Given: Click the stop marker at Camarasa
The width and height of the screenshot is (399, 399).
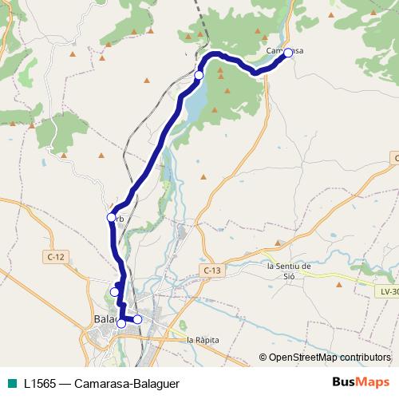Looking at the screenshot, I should [x=288, y=53].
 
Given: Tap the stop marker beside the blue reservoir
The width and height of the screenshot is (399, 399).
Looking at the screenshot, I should [x=199, y=75].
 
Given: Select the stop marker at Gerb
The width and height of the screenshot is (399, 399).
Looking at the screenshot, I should [x=111, y=217].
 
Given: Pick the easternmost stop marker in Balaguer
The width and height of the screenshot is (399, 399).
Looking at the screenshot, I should [x=137, y=319].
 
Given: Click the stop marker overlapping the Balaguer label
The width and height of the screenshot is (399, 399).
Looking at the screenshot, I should [x=121, y=323].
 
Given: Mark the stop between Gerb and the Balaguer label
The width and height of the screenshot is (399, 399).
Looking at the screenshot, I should [x=114, y=292].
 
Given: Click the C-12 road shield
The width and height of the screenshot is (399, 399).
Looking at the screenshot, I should [x=55, y=256].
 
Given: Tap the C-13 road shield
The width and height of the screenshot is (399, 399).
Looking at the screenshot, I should [x=211, y=271].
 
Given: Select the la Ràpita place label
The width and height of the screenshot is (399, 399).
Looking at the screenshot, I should [x=203, y=340].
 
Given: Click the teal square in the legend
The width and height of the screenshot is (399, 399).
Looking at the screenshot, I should [x=11, y=383].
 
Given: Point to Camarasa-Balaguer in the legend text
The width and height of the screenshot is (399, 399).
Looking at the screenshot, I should [x=128, y=383].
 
